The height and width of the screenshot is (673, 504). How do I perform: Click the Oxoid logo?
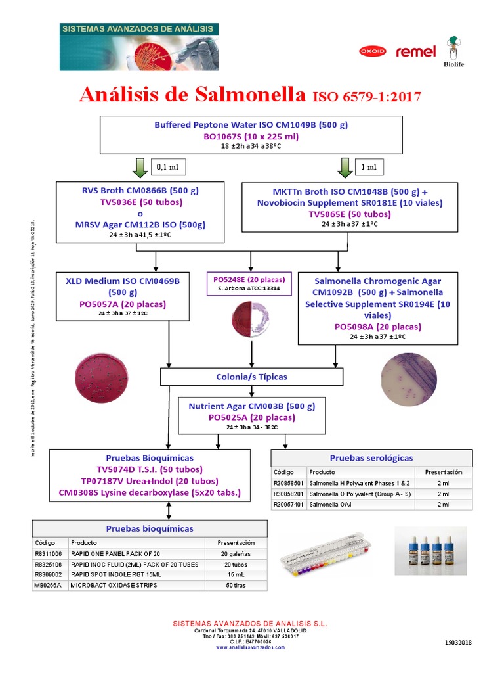(372, 51)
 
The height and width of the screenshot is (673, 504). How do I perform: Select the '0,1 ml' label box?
(168, 167)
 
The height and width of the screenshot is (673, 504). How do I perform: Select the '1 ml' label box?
(369, 167)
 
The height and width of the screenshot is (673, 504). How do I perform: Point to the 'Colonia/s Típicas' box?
(251, 377)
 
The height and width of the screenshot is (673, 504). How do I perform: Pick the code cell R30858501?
(289, 482)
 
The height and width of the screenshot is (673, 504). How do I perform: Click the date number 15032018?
(459, 642)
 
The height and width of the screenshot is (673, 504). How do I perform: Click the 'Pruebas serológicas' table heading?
(371, 458)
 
